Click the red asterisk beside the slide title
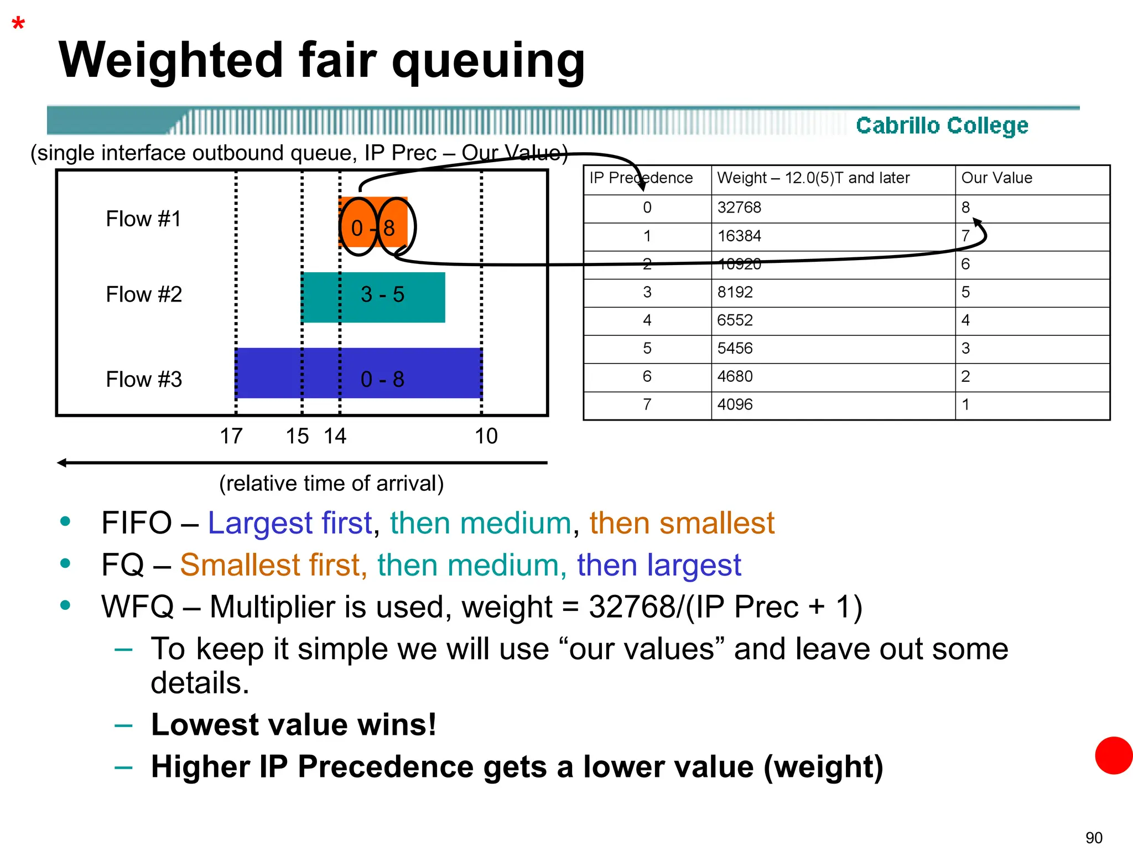coord(18,24)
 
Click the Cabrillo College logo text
coord(942,126)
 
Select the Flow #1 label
coord(143,219)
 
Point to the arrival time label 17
coord(231,436)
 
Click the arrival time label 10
coord(486,436)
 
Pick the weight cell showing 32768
coord(739,208)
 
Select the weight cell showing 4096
coord(735,405)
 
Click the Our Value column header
coord(996,178)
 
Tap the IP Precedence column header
coord(641,178)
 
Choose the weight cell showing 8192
coord(735,292)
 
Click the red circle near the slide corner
coord(1114,755)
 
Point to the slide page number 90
coord(1094,837)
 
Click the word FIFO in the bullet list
coord(137,523)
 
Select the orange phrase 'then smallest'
coord(682,523)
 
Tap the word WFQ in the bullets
coord(138,607)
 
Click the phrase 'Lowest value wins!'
coord(294,725)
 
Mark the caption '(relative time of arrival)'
coord(331,484)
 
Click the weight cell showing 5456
coord(735,349)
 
